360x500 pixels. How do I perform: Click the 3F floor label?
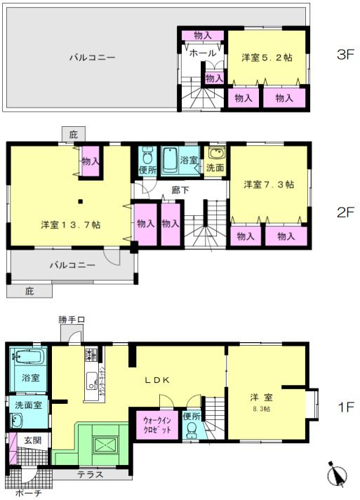click(345, 55)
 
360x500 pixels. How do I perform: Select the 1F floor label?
click(345, 407)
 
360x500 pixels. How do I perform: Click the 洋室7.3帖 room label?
click(268, 184)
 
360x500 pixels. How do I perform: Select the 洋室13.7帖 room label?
click(69, 224)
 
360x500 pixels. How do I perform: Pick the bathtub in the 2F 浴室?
click(170, 161)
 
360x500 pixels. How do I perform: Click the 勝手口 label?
click(71, 320)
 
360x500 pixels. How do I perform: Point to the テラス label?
click(90, 474)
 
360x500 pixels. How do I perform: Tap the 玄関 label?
click(32, 440)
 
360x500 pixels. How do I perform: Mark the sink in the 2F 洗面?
click(215, 155)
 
